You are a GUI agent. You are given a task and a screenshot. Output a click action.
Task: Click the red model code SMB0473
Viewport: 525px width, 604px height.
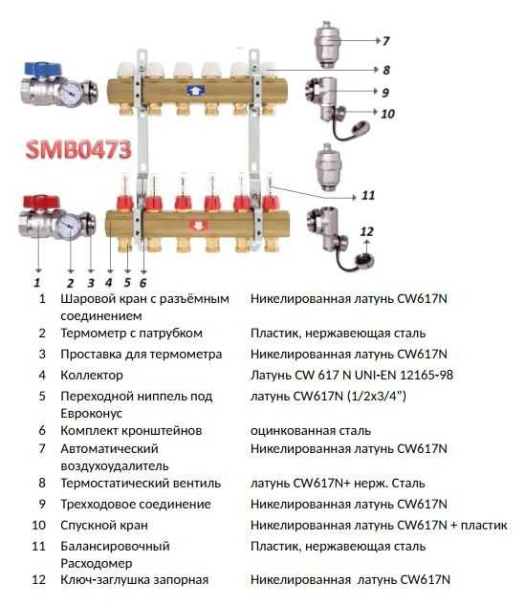pos(78,149)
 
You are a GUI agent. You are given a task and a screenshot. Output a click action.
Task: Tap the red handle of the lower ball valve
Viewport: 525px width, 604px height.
pos(41,203)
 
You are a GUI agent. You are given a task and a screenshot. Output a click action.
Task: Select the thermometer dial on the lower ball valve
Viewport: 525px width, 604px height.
pos(68,226)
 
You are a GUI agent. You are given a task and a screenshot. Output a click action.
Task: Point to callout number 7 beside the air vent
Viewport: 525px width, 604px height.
pos(385,41)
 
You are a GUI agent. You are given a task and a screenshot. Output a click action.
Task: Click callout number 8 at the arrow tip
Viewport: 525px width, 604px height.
pos(386,70)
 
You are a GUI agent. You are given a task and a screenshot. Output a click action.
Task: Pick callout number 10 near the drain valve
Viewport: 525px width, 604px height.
pos(388,114)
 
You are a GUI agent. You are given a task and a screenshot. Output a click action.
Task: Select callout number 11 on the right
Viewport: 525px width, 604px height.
pos(368,195)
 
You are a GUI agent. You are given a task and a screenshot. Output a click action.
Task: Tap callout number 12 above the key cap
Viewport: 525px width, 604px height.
pos(366,231)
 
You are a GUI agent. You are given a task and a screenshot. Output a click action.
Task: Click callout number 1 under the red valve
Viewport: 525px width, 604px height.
pos(37,283)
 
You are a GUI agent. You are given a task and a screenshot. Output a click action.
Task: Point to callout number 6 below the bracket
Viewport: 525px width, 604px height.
pos(143,283)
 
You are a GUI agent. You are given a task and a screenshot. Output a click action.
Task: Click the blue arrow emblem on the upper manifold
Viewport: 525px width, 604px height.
pos(195,91)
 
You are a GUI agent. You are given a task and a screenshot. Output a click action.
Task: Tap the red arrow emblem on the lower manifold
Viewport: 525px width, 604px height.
pos(199,225)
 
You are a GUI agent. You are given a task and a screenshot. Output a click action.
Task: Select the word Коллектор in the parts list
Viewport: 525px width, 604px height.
pos(92,376)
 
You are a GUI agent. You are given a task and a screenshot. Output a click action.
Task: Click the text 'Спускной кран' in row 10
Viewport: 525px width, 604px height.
pos(104,526)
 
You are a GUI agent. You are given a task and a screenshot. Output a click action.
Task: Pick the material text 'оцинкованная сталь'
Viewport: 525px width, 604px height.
pos(311,431)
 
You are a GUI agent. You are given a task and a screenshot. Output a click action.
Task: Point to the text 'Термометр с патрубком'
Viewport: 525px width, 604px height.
pos(131,334)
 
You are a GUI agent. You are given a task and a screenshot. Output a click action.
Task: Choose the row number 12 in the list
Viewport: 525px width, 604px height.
pos(38,580)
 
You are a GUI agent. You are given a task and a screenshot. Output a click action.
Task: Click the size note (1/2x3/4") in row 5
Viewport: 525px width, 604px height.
pos(377,397)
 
